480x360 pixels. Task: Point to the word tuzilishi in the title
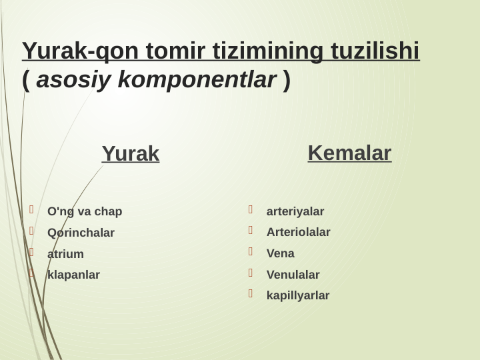[x=372, y=51]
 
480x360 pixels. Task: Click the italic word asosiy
[x=74, y=81]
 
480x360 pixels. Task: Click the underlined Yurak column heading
[x=131, y=154]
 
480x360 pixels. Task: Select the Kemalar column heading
[x=349, y=153]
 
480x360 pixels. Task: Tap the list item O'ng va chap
[x=85, y=212]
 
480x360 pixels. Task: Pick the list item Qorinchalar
[x=81, y=233]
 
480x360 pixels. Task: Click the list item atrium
[x=65, y=254]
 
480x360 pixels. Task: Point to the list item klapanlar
[x=73, y=275]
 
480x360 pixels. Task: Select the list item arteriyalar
[x=295, y=212]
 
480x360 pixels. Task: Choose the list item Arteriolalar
[x=298, y=233]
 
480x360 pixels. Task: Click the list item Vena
[x=280, y=254]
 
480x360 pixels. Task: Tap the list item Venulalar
[x=293, y=275]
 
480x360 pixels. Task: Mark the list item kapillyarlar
[x=297, y=295]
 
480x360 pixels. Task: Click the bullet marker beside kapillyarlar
[x=251, y=293]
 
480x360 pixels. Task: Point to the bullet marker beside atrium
[x=31, y=252]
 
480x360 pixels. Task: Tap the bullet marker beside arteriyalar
[x=251, y=210]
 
